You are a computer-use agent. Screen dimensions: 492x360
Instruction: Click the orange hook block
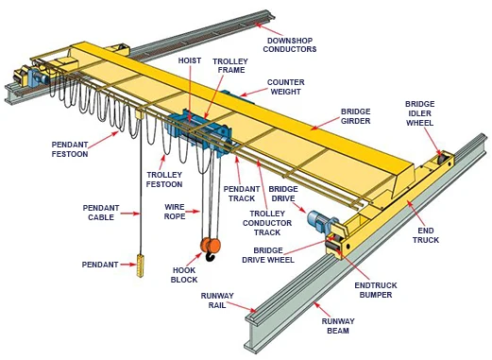pyautogui.click(x=211, y=245)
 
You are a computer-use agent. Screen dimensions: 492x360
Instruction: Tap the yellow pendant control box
pyautogui.click(x=140, y=266)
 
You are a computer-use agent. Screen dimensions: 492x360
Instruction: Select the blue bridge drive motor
pyautogui.click(x=318, y=220)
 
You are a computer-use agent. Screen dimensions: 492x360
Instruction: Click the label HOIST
pyautogui.click(x=190, y=60)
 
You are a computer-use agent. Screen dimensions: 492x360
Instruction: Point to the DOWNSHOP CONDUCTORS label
pyautogui.click(x=290, y=45)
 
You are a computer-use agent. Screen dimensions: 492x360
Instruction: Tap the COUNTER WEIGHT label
pyautogui.click(x=285, y=87)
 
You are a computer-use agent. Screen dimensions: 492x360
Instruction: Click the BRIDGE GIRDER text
pyautogui.click(x=356, y=116)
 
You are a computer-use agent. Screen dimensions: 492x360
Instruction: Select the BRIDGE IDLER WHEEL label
pyautogui.click(x=419, y=113)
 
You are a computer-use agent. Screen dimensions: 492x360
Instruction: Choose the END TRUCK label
pyautogui.click(x=426, y=235)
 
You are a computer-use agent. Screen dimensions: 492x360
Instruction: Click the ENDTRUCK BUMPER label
pyautogui.click(x=376, y=290)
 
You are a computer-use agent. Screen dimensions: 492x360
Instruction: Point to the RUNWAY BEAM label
pyautogui.click(x=338, y=326)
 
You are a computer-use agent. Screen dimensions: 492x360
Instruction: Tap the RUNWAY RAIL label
pyautogui.click(x=217, y=300)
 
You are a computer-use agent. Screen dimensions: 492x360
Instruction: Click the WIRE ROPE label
pyautogui.click(x=175, y=212)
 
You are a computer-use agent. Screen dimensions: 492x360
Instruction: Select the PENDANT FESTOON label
pyautogui.click(x=70, y=149)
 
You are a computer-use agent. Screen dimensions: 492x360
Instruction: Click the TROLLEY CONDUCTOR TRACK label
pyautogui.click(x=267, y=223)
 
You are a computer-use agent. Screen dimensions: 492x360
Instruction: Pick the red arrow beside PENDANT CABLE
pyautogui.click(x=130, y=214)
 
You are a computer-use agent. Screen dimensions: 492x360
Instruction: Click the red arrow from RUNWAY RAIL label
pyautogui.click(x=242, y=307)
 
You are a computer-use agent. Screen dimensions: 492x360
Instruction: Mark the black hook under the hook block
pyautogui.click(x=210, y=256)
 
